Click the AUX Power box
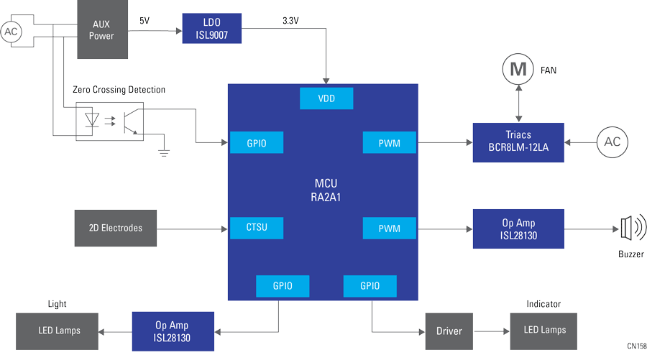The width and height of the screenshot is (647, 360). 101,29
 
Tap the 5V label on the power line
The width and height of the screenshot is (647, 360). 144,21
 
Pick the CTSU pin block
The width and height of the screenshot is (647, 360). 256,228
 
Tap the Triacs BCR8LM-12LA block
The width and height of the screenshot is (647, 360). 518,142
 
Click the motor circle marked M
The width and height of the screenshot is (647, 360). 517,70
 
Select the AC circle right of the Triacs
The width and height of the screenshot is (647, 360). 612,142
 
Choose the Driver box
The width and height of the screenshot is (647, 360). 449,331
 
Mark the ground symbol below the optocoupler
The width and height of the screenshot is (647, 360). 164,150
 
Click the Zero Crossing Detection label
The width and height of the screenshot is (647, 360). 119,90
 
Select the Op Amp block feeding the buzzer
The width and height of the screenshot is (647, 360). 518,229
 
